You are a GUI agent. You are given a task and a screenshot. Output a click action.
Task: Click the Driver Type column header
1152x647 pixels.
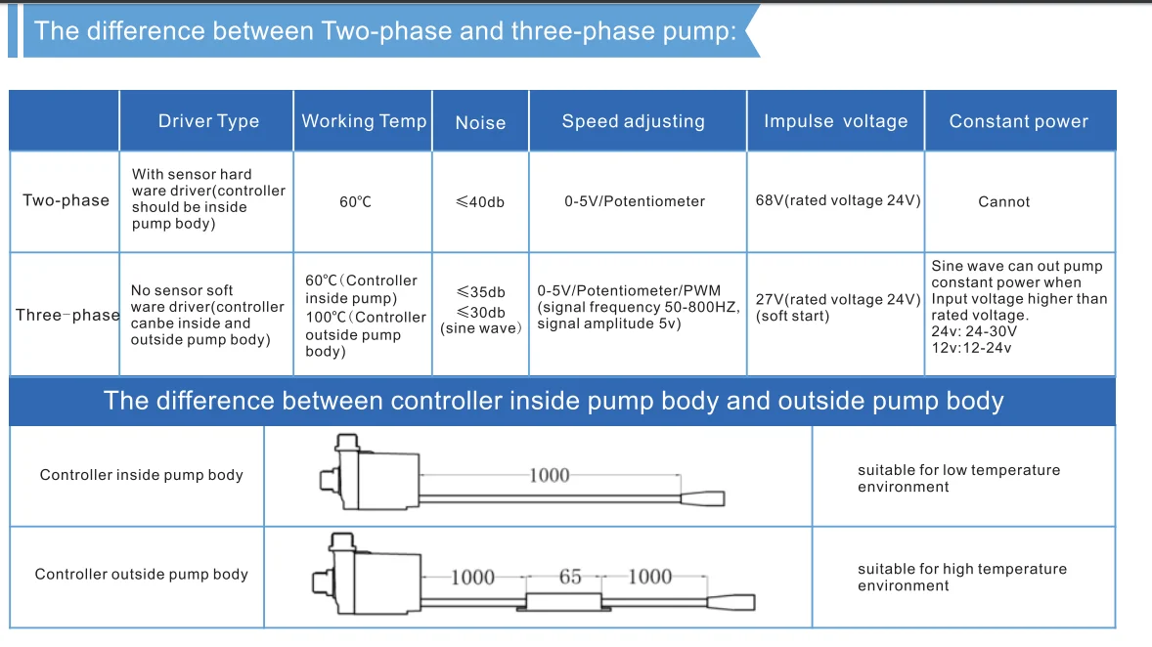point(208,121)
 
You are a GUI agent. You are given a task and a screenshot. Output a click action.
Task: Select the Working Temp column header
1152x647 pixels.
point(364,121)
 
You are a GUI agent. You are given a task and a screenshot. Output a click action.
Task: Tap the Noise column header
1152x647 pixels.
point(480,122)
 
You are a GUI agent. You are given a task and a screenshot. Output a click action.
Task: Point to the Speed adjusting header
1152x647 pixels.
point(633,121)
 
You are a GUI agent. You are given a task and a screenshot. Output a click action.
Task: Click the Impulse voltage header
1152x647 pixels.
point(835,121)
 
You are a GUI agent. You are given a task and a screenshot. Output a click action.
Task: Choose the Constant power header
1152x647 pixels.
point(1018,121)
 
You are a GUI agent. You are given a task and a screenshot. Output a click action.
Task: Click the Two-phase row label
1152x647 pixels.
point(66,200)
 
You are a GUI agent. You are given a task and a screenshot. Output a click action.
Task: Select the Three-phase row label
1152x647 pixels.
point(66,315)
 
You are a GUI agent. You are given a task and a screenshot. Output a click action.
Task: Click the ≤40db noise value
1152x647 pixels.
point(480,201)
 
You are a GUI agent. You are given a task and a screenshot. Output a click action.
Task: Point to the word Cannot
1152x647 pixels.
point(1004,201)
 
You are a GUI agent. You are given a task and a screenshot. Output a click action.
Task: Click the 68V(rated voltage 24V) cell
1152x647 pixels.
point(836,200)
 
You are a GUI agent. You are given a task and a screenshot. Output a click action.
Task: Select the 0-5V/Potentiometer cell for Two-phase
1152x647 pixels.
point(635,201)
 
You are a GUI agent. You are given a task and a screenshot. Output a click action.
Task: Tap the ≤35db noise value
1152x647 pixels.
point(480,292)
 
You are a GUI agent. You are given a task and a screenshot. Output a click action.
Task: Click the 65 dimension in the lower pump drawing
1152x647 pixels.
point(570,577)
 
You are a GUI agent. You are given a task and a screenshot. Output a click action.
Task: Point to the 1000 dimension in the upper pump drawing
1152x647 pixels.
point(549,475)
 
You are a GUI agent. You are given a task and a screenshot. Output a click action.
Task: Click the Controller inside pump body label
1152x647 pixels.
point(141,475)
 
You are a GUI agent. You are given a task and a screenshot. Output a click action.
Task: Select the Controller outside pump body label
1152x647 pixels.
point(141,574)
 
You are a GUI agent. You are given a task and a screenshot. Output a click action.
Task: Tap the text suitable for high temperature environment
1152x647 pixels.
point(961,577)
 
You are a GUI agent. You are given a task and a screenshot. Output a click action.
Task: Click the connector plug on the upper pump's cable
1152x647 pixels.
point(703,499)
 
